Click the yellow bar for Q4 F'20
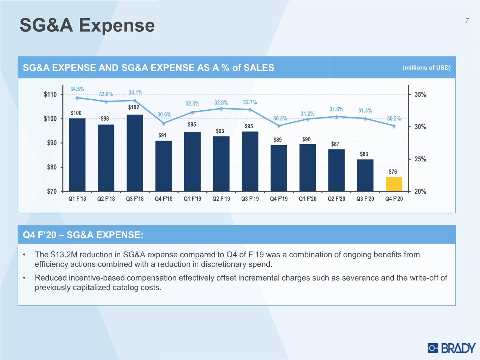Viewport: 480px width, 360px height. [394, 184]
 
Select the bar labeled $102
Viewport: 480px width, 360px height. [135, 153]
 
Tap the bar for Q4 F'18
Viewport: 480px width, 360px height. [164, 166]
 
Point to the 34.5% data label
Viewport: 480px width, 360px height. [77, 89]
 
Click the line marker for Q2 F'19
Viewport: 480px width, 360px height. [221, 109]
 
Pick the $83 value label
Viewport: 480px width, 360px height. [364, 154]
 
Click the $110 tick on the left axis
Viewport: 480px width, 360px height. [50, 95]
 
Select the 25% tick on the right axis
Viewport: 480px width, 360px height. [420, 159]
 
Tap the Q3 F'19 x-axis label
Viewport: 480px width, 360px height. [250, 199]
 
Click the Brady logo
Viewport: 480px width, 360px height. [452, 348]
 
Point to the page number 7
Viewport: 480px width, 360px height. [467, 20]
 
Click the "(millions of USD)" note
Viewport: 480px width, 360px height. [427, 68]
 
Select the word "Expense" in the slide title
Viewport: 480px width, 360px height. [117, 26]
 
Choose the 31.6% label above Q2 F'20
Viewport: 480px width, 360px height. [336, 109]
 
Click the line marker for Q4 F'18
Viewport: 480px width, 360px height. [164, 123]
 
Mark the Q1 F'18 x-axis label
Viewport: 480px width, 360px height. [77, 199]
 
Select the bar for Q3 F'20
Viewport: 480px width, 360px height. [365, 175]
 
